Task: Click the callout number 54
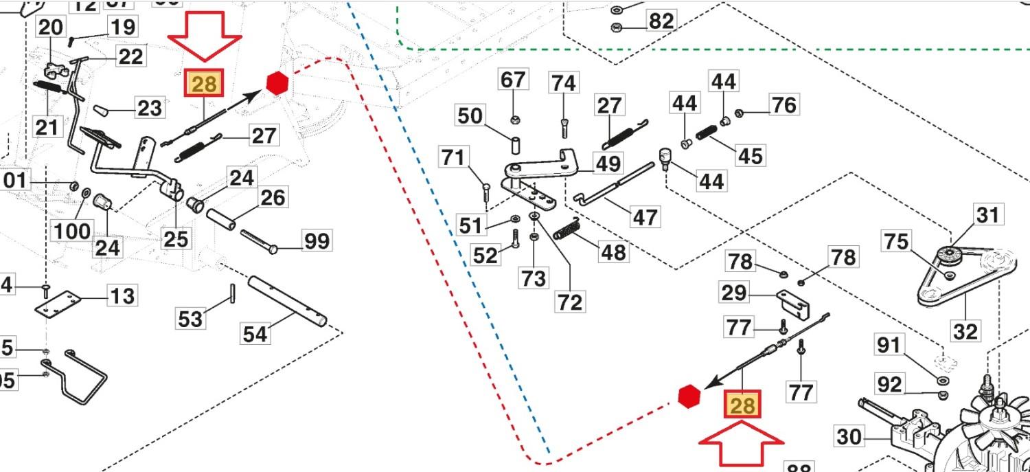[255, 334]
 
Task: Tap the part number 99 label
[317, 241]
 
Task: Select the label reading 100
[72, 230]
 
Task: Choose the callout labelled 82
[661, 21]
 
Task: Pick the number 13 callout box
[123, 296]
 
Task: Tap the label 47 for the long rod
[644, 217]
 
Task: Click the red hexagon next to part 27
[276, 83]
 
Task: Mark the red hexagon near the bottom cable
[689, 396]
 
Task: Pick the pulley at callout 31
[952, 255]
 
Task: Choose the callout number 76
[783, 105]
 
